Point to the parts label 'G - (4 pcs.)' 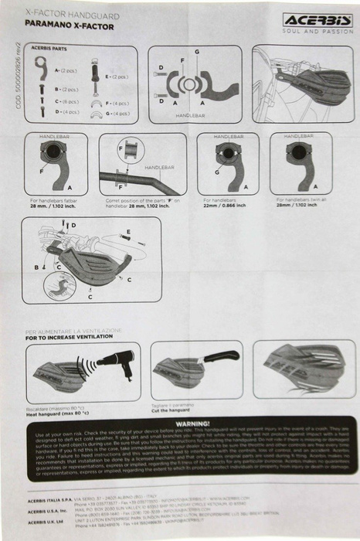[117, 113]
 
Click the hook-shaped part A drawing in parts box [41, 70]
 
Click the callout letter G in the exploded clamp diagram [197, 52]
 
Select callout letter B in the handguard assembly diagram [36, 267]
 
